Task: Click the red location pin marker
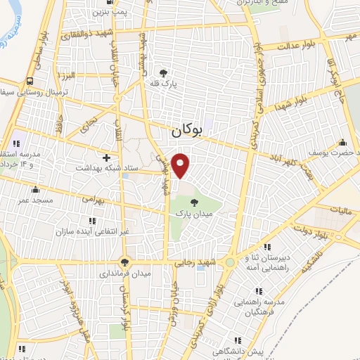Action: click(181, 165)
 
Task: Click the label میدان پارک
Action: click(194, 214)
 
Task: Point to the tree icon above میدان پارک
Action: click(194, 203)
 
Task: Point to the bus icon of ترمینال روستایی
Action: click(29, 81)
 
